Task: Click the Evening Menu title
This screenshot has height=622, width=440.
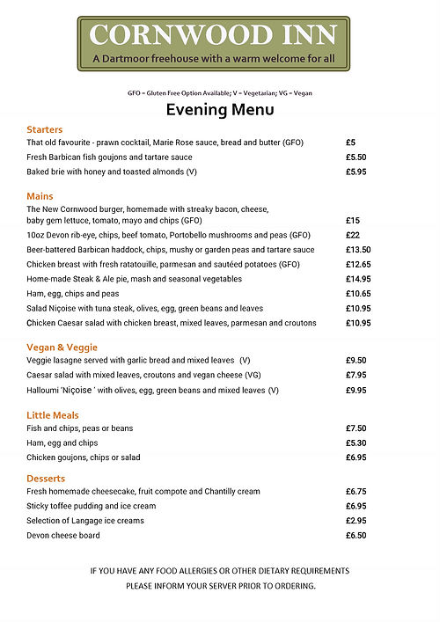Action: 220,110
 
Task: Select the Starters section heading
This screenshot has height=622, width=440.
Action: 45,129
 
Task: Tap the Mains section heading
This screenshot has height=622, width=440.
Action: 40,196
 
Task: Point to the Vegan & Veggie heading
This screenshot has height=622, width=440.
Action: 62,348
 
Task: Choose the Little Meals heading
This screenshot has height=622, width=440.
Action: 53,415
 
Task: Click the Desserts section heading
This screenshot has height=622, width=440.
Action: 48,479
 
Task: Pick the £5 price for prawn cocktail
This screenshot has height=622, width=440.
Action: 350,143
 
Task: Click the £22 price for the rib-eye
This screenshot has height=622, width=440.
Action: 353,236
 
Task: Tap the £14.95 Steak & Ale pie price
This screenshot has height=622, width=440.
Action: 358,279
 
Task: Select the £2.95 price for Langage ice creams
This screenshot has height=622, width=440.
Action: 356,521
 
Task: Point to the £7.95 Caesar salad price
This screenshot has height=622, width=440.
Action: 356,376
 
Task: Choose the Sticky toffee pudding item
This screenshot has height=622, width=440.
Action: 91,507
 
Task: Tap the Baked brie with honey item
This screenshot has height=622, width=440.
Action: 112,172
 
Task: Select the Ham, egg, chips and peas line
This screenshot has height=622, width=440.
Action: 72,294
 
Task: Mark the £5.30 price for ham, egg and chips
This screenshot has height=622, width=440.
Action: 356,443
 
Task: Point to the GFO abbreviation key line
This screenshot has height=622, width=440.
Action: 220,93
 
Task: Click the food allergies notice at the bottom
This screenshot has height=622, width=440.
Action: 220,578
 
